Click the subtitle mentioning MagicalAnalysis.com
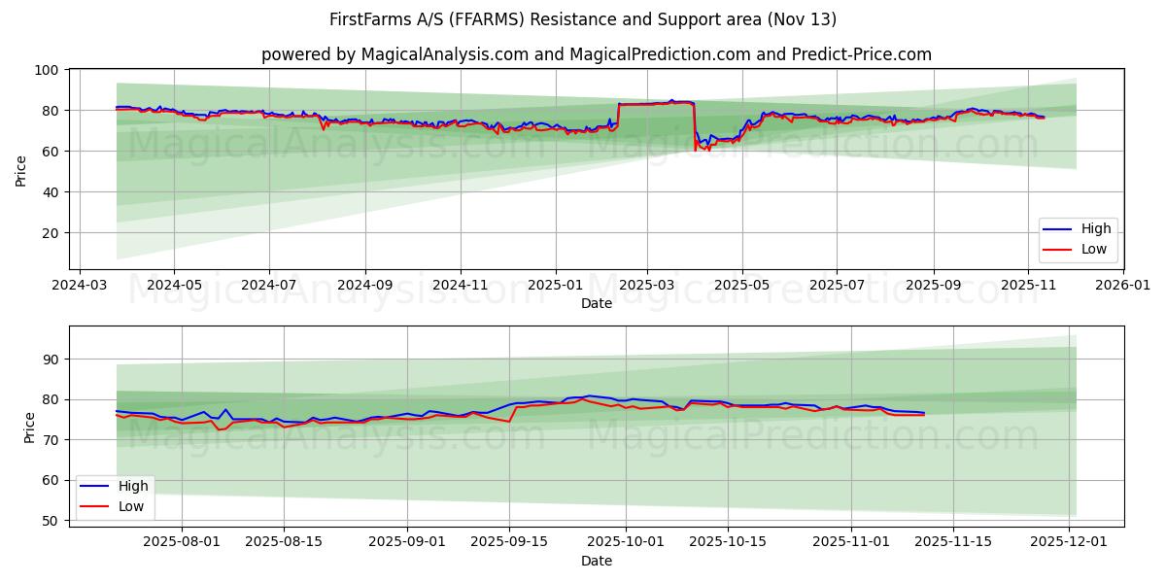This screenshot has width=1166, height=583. tap(596, 54)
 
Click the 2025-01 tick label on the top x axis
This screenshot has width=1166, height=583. tap(556, 286)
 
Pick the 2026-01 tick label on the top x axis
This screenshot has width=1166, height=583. tap(1122, 286)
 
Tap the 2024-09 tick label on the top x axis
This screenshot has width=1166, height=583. tap(365, 286)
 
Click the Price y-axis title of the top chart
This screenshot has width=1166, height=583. tap(21, 171)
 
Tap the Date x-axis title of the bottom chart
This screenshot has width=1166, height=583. tap(596, 562)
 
